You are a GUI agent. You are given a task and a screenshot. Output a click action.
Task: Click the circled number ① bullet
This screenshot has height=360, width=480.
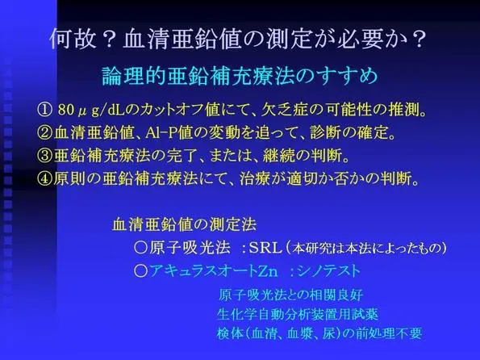click(x=44, y=110)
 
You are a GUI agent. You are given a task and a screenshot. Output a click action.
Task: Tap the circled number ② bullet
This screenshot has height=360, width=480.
click(x=45, y=132)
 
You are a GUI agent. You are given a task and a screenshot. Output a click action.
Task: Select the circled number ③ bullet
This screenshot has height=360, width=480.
click(x=45, y=156)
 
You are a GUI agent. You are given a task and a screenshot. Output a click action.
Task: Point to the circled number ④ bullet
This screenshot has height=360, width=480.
click(x=45, y=179)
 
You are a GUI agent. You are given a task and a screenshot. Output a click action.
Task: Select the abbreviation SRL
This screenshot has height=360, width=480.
click(x=265, y=248)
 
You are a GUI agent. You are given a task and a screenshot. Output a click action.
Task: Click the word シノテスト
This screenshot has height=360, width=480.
click(x=328, y=271)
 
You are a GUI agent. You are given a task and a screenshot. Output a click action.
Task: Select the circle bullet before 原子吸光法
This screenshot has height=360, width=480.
click(x=141, y=248)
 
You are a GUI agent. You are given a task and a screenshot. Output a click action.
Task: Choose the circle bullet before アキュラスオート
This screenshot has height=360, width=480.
click(x=141, y=271)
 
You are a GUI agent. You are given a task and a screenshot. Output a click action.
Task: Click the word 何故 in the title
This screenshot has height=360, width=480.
click(x=73, y=39)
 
